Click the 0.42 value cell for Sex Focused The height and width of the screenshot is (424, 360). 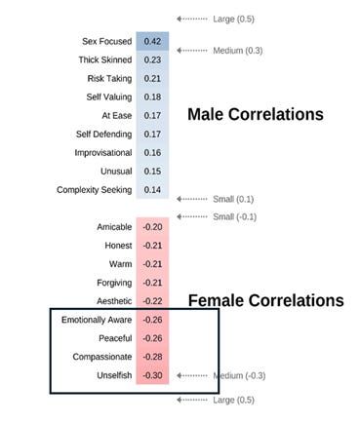pyautogui.click(x=152, y=41)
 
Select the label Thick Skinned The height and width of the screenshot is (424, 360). pyautogui.click(x=104, y=59)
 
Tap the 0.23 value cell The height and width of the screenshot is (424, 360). pyautogui.click(x=152, y=59)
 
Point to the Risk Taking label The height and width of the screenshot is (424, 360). pyautogui.click(x=108, y=78)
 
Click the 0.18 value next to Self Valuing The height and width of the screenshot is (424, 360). pyautogui.click(x=152, y=96)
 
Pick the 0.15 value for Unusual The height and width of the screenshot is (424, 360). pyautogui.click(x=152, y=171)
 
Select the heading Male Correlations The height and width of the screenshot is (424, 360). pyautogui.click(x=255, y=115)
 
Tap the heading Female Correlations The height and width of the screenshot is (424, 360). pyautogui.click(x=265, y=300)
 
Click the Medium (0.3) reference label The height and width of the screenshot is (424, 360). pyautogui.click(x=238, y=50)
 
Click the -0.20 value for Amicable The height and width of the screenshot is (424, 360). pyautogui.click(x=152, y=227)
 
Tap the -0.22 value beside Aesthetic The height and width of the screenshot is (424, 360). pyautogui.click(x=152, y=301)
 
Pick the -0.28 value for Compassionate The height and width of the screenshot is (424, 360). pyautogui.click(x=152, y=357)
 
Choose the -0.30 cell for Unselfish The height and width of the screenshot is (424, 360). pyautogui.click(x=152, y=375)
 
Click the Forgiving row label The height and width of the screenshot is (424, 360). pyautogui.click(x=109, y=283)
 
